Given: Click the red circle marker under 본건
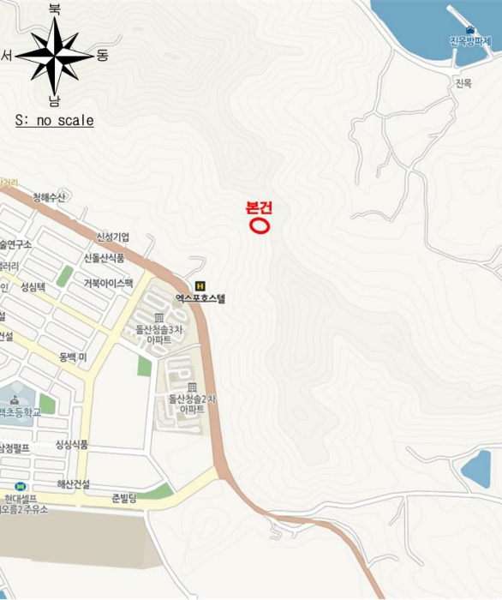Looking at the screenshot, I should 259,225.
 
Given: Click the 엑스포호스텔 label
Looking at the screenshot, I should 200,299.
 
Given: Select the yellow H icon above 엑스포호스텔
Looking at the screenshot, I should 200,285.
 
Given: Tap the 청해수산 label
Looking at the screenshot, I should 49,198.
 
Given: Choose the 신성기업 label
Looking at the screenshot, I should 112,237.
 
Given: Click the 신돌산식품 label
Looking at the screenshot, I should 104,258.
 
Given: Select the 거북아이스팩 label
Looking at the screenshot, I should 108,283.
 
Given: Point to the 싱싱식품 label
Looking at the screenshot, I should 71,444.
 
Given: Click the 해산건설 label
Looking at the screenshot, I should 74,483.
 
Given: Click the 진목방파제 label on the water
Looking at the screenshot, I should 470,41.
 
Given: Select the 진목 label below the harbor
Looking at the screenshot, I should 463,83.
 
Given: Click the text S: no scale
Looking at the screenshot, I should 54,121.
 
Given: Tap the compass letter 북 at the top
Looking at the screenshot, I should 55,9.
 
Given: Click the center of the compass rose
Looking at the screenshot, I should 54,56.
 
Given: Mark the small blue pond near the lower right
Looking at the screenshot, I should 475,469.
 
